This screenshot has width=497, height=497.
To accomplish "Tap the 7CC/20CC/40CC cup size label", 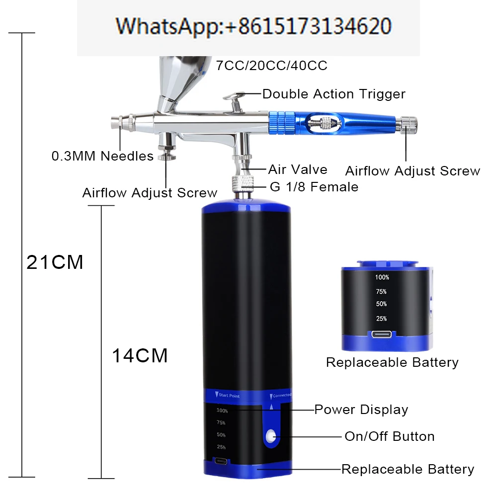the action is pos(272,66).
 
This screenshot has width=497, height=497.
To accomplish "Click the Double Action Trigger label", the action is pos(333,94).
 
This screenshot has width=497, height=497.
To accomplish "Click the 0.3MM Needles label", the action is pos(102,156).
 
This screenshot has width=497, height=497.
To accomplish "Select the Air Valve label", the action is pos(298,169).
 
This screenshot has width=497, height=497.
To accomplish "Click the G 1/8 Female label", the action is pos(314,187).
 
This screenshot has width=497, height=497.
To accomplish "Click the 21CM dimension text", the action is pos(55,262).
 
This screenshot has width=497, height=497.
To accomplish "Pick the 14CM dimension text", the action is pos(140,355).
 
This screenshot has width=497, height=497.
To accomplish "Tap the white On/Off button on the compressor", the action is pos(271,436).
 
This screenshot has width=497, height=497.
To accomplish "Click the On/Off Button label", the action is pos(389,436).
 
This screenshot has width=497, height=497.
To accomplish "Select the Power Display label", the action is pos(361,410).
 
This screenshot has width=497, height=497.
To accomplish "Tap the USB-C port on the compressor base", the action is pos(221,461).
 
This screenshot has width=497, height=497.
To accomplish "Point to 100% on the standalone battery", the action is pos(382,277).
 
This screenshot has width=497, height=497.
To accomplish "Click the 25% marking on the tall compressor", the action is pos(221,447).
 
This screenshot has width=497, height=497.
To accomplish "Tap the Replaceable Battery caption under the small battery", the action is pos(392,362).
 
